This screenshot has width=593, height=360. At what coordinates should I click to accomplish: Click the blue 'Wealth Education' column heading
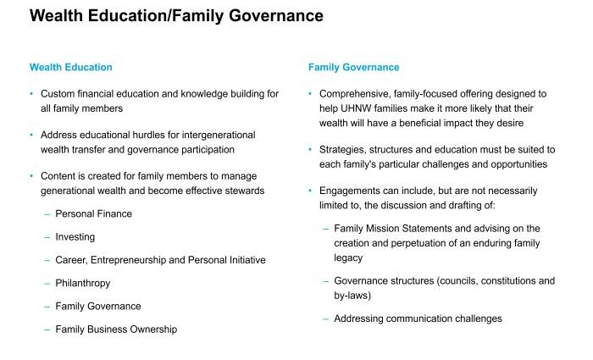[x=70, y=67]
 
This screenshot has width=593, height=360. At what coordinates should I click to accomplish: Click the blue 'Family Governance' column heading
[x=353, y=67]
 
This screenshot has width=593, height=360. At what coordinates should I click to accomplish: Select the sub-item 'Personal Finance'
[x=93, y=213]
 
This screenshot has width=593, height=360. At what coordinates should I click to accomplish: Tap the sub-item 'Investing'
[x=75, y=237]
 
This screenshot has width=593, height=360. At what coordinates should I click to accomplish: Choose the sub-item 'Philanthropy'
[x=82, y=283]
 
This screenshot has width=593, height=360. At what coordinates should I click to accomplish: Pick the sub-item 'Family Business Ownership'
[x=116, y=329]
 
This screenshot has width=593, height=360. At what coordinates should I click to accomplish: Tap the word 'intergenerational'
[x=215, y=135]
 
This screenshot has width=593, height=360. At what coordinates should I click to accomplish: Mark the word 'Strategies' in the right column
[x=344, y=149]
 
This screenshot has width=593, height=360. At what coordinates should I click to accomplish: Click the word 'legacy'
[x=348, y=258]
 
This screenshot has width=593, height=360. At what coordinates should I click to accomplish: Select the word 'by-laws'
[x=353, y=296]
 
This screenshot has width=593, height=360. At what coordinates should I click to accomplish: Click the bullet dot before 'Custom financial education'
[x=32, y=94]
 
